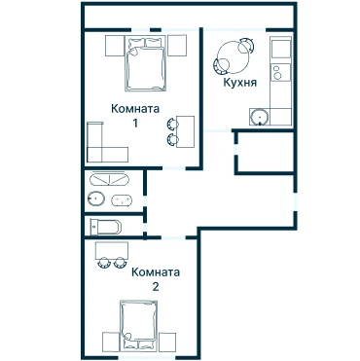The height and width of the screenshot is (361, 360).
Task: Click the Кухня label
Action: pos(239,83)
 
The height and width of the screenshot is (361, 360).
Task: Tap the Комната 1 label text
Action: pos(135,115)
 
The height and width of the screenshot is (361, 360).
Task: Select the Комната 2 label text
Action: pos(156,278)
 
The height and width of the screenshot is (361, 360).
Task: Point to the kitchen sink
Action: pos(260,117)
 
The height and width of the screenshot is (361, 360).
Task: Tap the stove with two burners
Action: pos(281,72)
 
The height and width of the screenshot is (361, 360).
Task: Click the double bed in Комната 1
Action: pos(145,63)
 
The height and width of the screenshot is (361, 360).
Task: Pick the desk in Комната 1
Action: pos(186,131)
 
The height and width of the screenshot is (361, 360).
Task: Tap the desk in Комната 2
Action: pos(112,250)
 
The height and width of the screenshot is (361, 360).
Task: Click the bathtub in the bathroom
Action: pos(109,179)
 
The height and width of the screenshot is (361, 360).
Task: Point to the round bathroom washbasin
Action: pos(96,199)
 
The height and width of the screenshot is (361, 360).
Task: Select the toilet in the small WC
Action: pos(106,227)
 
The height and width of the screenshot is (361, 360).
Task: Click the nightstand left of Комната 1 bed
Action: pos(115,46)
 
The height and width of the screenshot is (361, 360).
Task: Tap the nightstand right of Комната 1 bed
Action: pos(177,46)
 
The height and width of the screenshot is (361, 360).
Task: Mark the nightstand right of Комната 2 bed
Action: pos(167,342)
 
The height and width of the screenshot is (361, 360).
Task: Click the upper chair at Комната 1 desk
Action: pos(172,124)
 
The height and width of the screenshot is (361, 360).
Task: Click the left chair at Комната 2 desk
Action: pos(104,263)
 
